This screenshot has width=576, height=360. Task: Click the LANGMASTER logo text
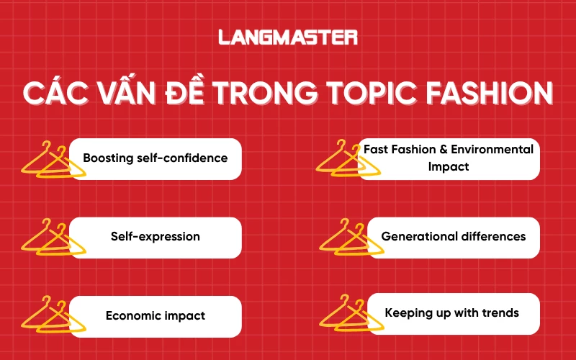pos(288,37)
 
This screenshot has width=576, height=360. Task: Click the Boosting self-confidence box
pos(155,158)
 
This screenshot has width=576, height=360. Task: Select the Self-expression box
pos(155,237)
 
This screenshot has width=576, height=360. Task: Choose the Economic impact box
pos(155,315)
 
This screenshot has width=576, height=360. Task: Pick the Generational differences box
pos(453,237)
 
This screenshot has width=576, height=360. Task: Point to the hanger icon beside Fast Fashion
pos(348,160)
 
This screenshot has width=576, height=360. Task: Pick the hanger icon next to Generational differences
pos(348,238)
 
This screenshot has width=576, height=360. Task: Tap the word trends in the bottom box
pos(500,313)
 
